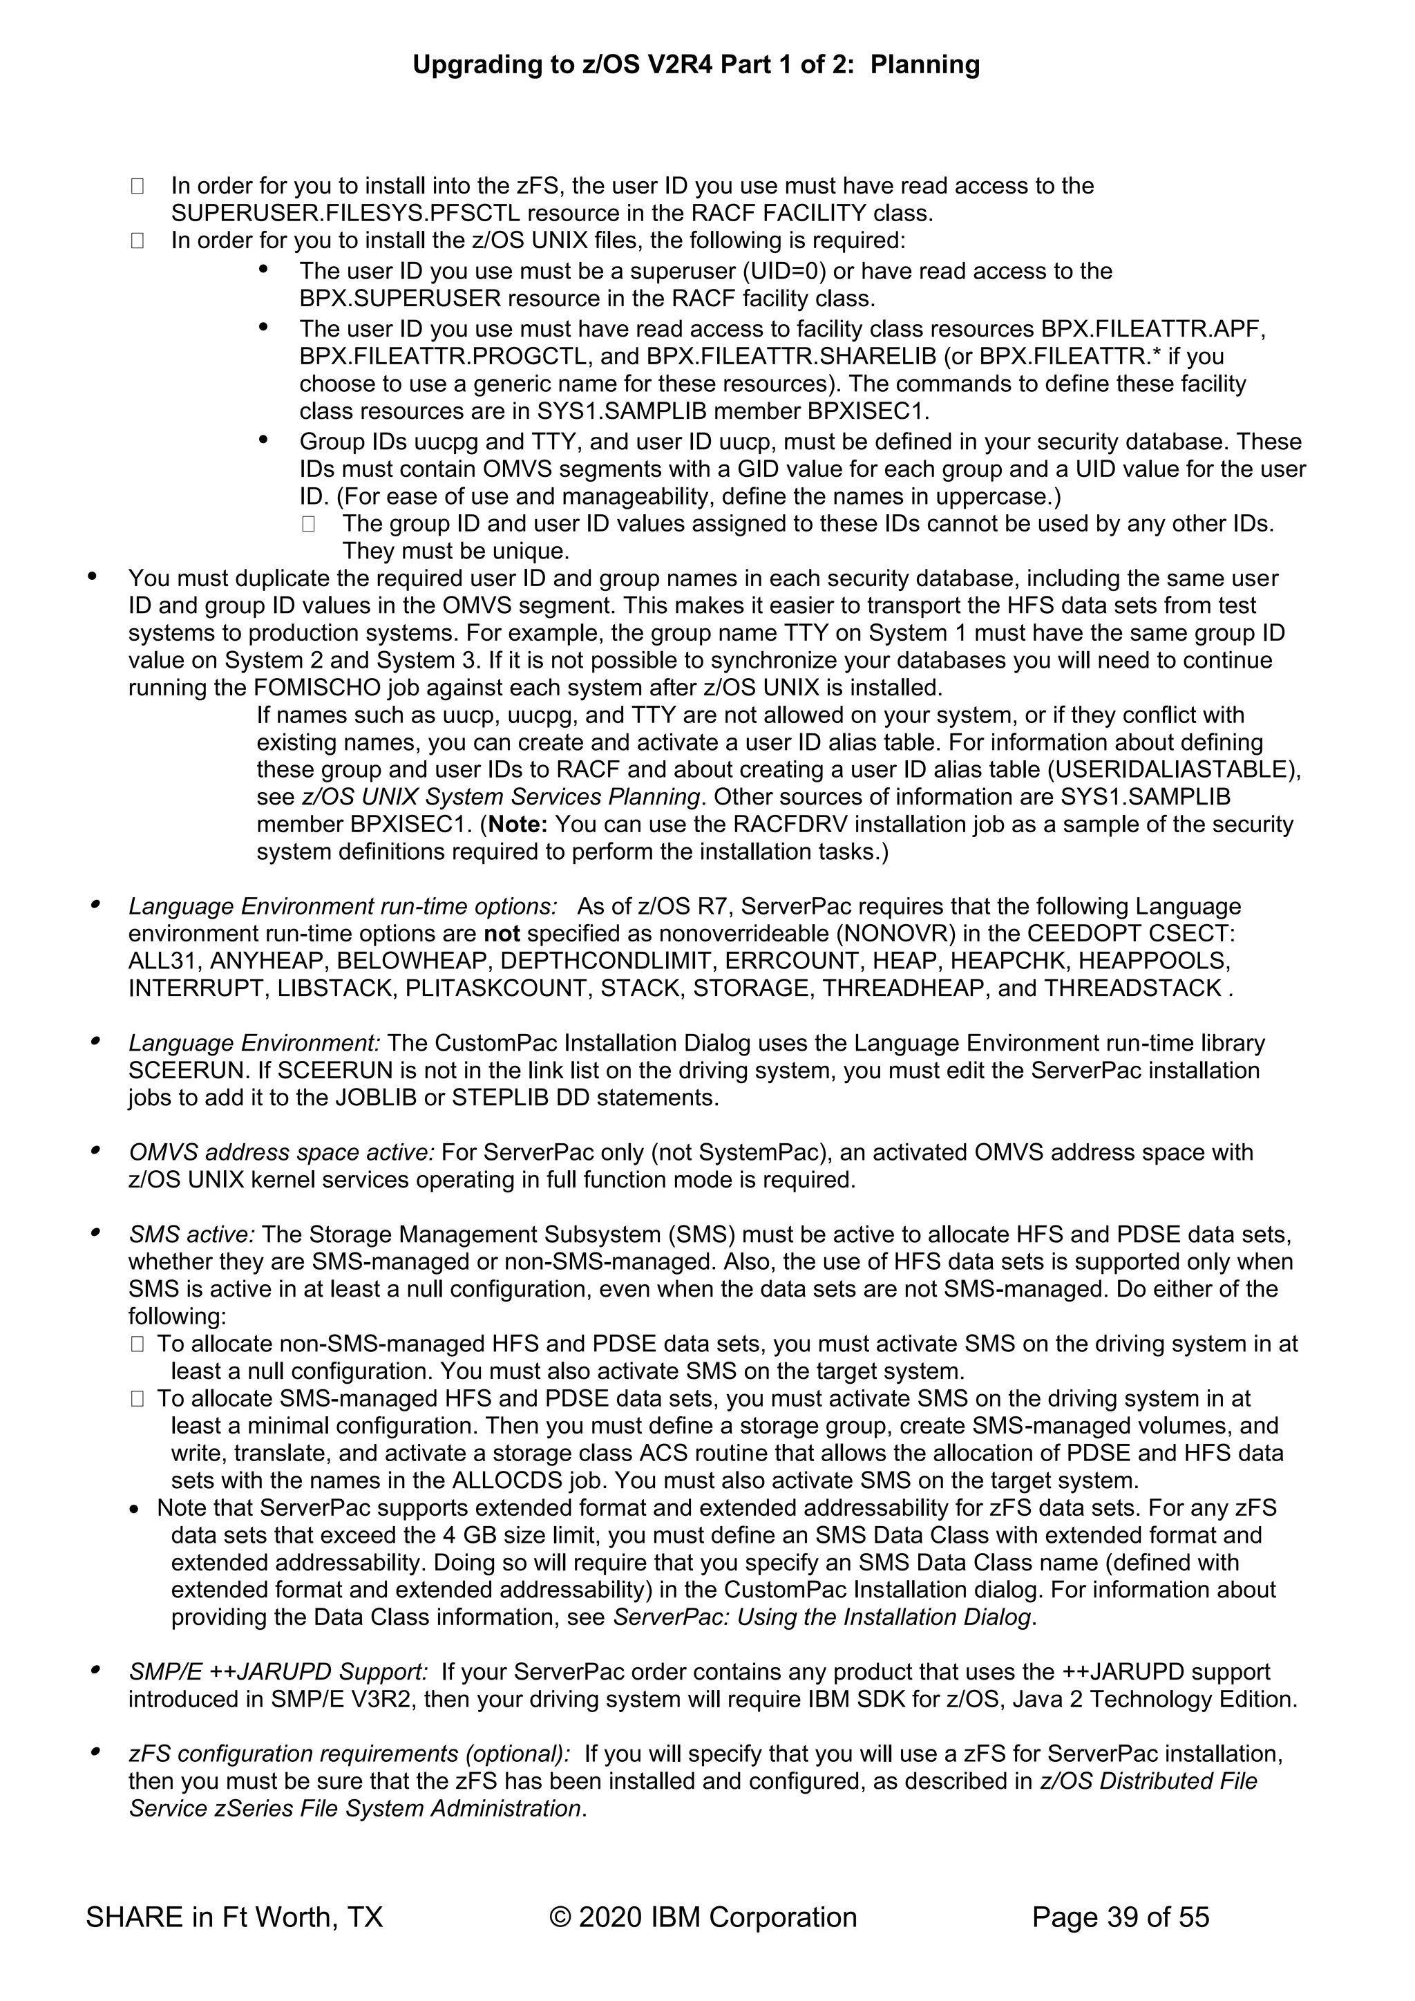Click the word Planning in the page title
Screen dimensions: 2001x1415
pos(924,64)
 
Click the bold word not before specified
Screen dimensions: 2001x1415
pos(502,933)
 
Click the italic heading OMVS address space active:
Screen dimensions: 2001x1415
pos(281,1152)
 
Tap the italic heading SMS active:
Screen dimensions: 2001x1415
pos(191,1234)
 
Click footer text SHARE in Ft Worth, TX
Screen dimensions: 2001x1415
pos(234,1917)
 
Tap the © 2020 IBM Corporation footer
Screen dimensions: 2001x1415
pos(703,1917)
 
